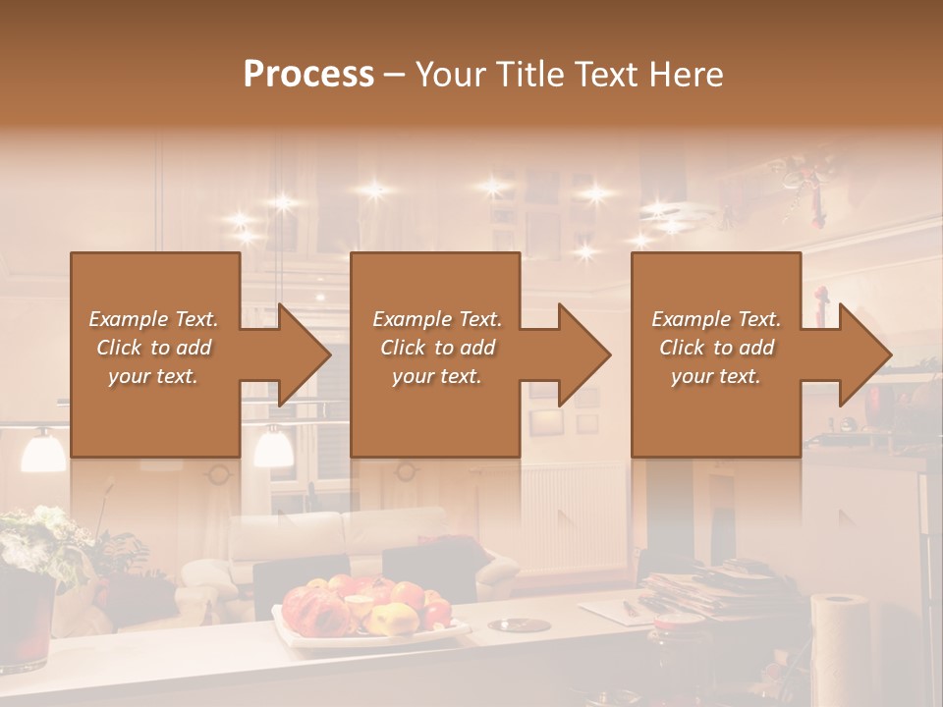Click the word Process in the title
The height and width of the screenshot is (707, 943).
click(308, 74)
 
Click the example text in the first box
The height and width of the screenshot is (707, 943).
click(153, 348)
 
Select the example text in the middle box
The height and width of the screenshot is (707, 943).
click(436, 348)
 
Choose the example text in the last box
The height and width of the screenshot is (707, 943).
click(716, 348)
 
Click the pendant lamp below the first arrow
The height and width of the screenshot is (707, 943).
click(272, 447)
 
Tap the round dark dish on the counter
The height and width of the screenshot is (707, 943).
click(519, 625)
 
